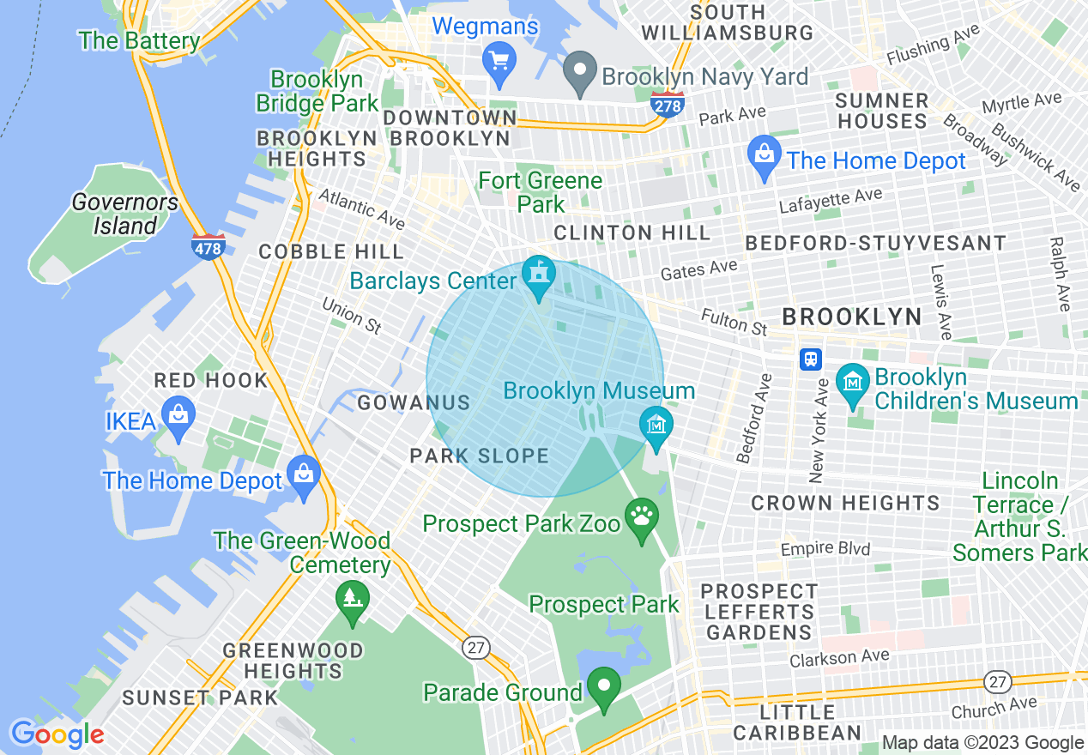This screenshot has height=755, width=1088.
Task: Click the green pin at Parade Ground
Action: tap(604, 687)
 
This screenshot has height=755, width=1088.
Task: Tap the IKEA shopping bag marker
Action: tap(178, 417)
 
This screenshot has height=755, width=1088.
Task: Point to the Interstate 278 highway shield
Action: tap(667, 105)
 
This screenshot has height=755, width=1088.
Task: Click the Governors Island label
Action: tap(125, 214)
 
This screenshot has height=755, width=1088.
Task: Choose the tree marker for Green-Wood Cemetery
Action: tap(352, 597)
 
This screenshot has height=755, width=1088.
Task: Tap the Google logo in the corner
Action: tap(57, 734)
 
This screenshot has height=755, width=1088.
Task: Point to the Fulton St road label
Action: tap(734, 323)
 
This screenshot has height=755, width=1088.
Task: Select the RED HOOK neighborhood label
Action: tap(211, 380)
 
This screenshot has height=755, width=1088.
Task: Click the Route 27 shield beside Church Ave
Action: tap(996, 682)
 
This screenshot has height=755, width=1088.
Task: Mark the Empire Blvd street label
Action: tap(825, 548)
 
